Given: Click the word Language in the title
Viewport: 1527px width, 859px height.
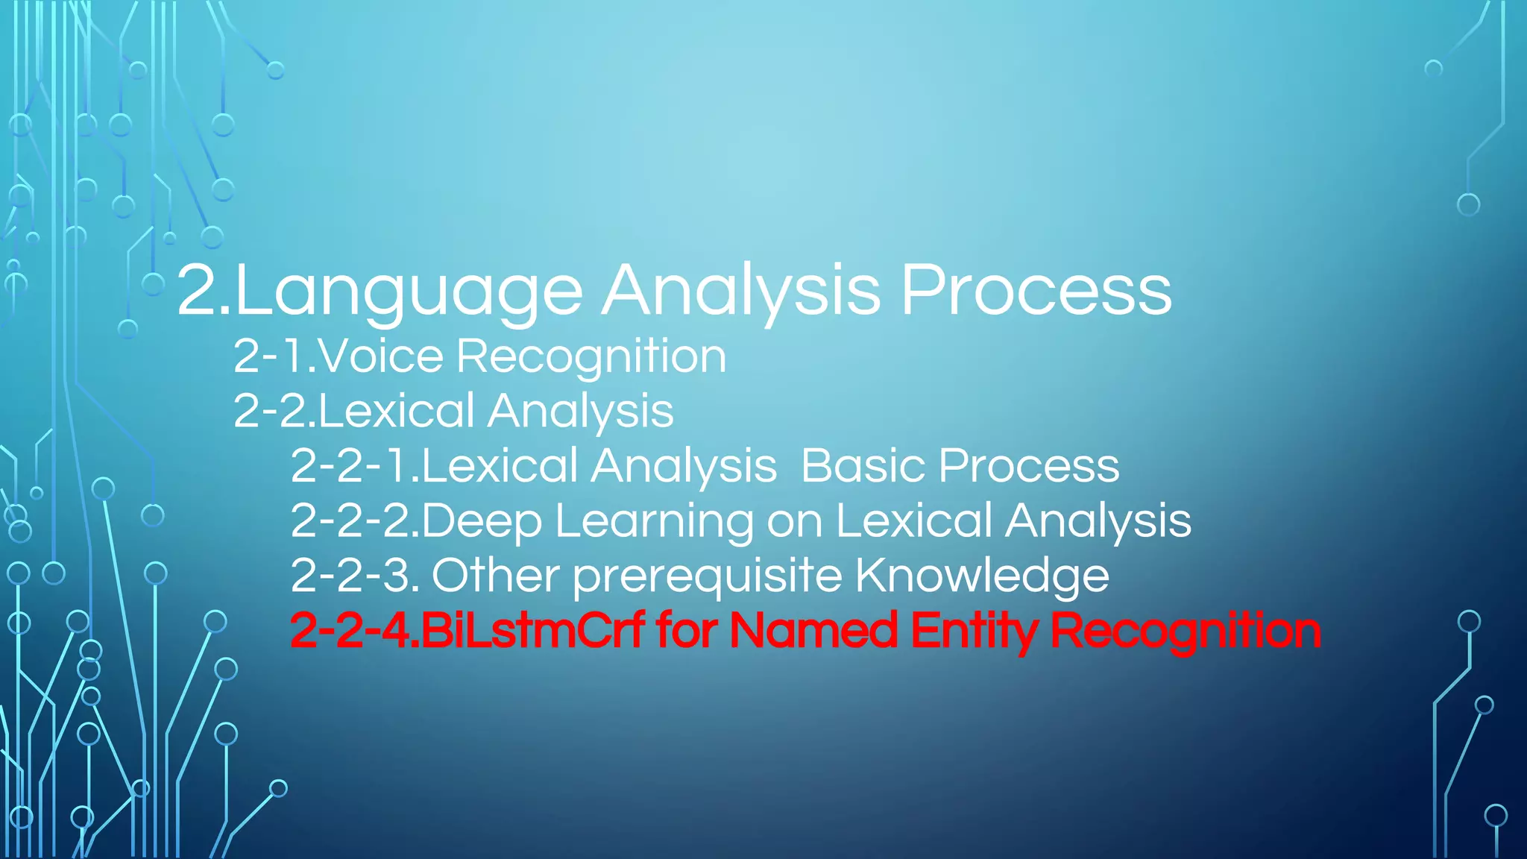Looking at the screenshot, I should click(409, 292).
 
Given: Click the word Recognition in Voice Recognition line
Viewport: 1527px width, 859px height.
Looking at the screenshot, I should click(591, 357).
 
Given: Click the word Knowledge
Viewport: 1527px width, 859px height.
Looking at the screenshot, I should click(982, 576).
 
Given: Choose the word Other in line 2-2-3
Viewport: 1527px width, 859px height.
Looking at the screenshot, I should click(495, 576).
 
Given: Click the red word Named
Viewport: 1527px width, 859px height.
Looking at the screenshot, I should click(813, 631).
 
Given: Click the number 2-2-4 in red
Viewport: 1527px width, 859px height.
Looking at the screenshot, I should click(350, 631).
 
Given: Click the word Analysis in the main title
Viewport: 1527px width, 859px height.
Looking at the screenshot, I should click(741, 292).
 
